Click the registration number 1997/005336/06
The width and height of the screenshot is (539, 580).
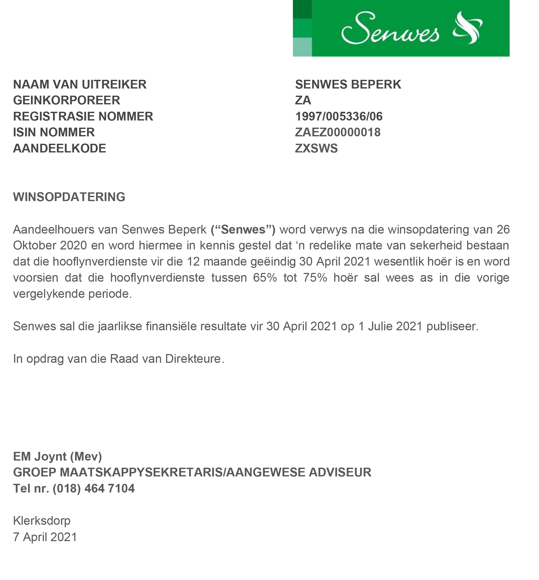tap(339, 117)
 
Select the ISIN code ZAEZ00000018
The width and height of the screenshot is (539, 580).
tap(338, 132)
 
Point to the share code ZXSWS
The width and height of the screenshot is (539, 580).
tap(316, 149)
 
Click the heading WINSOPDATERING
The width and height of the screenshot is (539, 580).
tap(69, 197)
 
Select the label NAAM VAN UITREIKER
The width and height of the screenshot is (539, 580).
tap(80, 84)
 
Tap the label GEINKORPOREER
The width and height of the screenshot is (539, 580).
tap(67, 100)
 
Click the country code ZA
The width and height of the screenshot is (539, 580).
tap(303, 100)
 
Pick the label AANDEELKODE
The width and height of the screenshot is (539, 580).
tap(59, 149)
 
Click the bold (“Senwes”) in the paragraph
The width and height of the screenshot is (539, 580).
tap(243, 230)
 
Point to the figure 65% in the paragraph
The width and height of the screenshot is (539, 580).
tap(265, 277)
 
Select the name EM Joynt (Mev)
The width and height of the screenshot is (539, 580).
tap(57, 456)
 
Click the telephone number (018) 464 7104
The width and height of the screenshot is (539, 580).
tap(94, 488)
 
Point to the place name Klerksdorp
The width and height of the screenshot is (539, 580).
tap(42, 521)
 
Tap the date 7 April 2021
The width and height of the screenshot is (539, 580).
tap(45, 537)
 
